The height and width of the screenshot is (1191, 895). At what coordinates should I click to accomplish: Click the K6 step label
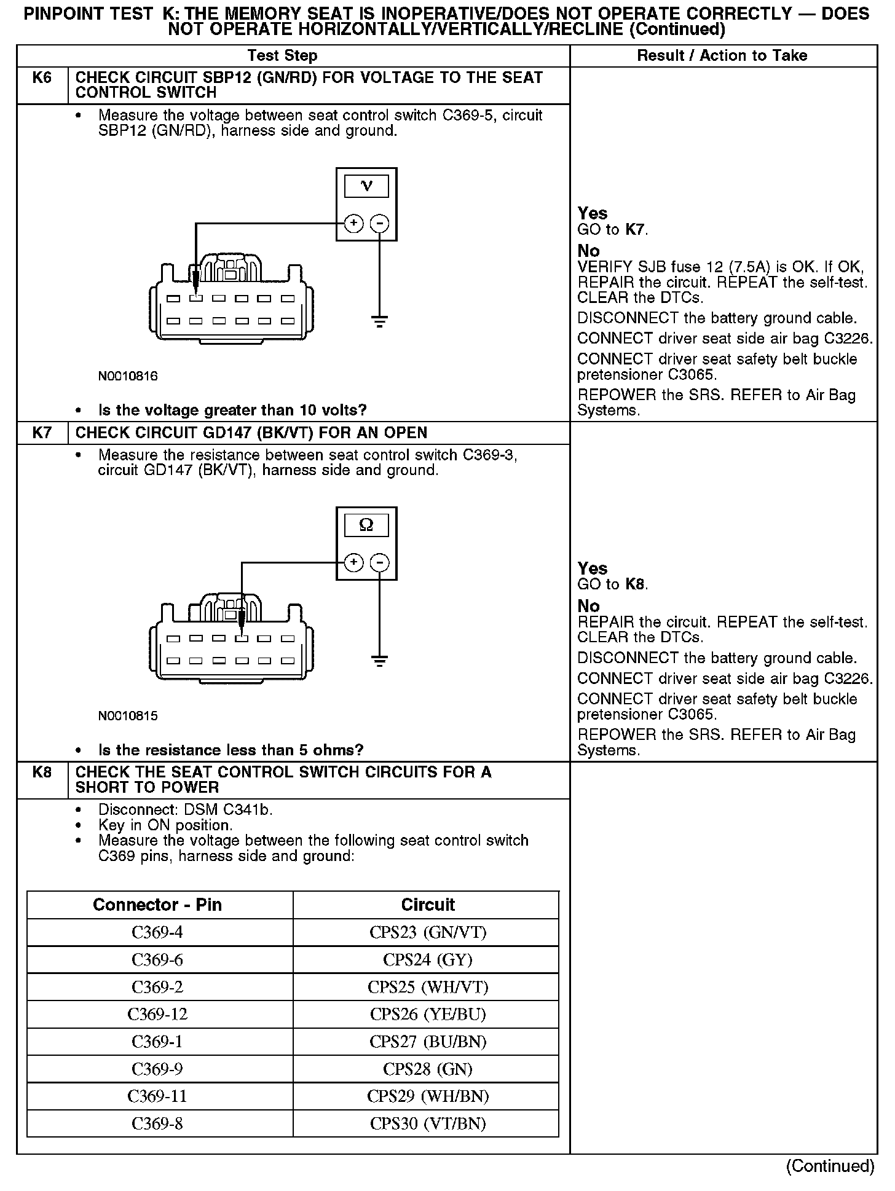(x=42, y=78)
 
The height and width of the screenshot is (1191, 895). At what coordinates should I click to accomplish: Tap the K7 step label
(x=42, y=433)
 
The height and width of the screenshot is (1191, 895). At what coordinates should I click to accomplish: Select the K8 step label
(x=42, y=772)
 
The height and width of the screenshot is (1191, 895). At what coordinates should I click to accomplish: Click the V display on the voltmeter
(x=366, y=186)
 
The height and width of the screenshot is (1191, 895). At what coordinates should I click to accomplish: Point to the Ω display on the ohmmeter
(x=366, y=525)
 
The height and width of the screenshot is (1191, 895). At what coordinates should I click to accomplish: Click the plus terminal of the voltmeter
(x=353, y=223)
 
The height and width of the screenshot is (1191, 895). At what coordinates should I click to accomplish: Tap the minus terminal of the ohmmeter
(x=380, y=562)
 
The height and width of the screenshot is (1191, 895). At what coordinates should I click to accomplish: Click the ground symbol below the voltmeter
(x=380, y=321)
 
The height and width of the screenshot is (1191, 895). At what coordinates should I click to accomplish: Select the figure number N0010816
(x=128, y=376)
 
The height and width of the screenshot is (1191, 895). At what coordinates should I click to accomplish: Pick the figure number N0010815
(x=128, y=715)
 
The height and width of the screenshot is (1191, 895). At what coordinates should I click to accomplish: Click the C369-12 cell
(x=157, y=1014)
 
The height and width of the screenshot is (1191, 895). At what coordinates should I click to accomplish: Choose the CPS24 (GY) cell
(x=428, y=960)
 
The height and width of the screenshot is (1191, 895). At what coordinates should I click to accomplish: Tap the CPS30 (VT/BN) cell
(x=428, y=1123)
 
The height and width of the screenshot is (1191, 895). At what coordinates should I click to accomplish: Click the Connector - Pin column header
(x=157, y=905)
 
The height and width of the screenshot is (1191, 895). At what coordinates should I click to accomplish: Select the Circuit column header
(x=428, y=905)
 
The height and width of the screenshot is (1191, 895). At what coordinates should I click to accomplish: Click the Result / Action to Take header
(x=722, y=55)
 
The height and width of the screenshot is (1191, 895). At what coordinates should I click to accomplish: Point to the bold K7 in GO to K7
(x=636, y=230)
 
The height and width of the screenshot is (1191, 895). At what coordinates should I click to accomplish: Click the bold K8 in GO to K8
(x=636, y=584)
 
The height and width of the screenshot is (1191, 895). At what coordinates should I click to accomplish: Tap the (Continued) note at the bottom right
(x=830, y=1166)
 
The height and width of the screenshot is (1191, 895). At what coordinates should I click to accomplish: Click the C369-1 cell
(x=157, y=1042)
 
